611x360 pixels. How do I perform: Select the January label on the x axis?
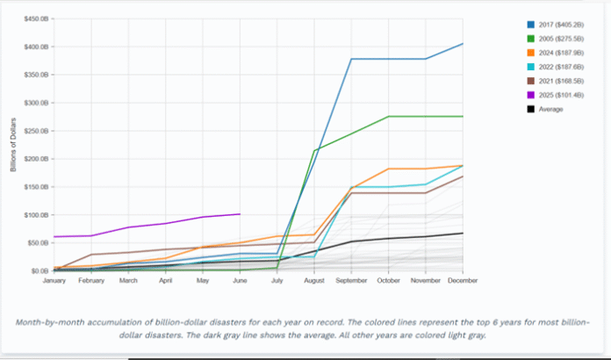pos(54,281)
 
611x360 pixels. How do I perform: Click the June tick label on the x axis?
pos(240,281)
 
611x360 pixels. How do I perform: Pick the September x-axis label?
pos(350,281)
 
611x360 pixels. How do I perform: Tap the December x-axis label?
pos(462,281)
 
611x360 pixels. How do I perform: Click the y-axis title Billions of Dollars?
pos(15,145)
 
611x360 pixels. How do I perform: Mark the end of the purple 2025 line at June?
pos(240,213)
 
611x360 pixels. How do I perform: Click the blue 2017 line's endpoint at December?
pos(463,44)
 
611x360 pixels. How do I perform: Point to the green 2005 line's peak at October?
pos(388,116)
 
